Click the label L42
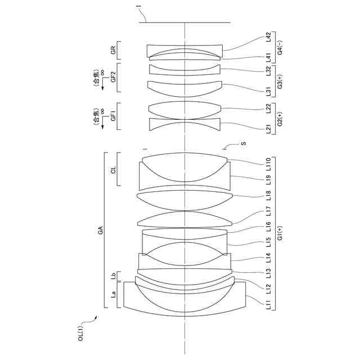pos(269,38)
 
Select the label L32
pos(269,70)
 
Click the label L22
pos(269,108)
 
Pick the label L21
pos(269,128)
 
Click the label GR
pos(114,51)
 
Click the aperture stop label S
pos(243,143)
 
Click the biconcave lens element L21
pos(183,125)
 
